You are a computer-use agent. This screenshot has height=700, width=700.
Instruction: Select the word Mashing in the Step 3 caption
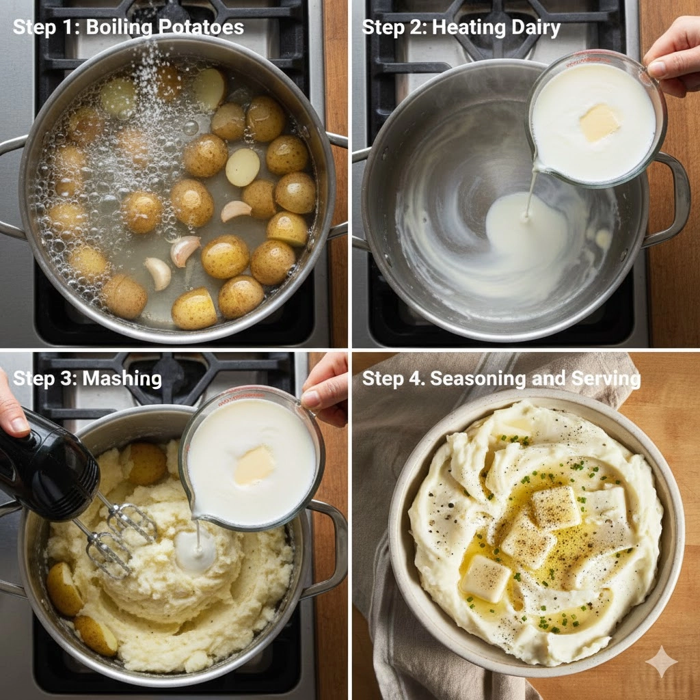122,379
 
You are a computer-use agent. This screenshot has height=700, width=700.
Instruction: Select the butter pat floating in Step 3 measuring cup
254,465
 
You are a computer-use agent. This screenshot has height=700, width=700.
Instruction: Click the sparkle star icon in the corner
661,661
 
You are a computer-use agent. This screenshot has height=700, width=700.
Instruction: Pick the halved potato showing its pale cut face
243,167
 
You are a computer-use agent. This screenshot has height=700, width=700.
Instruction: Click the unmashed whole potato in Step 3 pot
148,464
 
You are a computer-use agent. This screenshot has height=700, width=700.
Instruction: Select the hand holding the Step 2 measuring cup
674,56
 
